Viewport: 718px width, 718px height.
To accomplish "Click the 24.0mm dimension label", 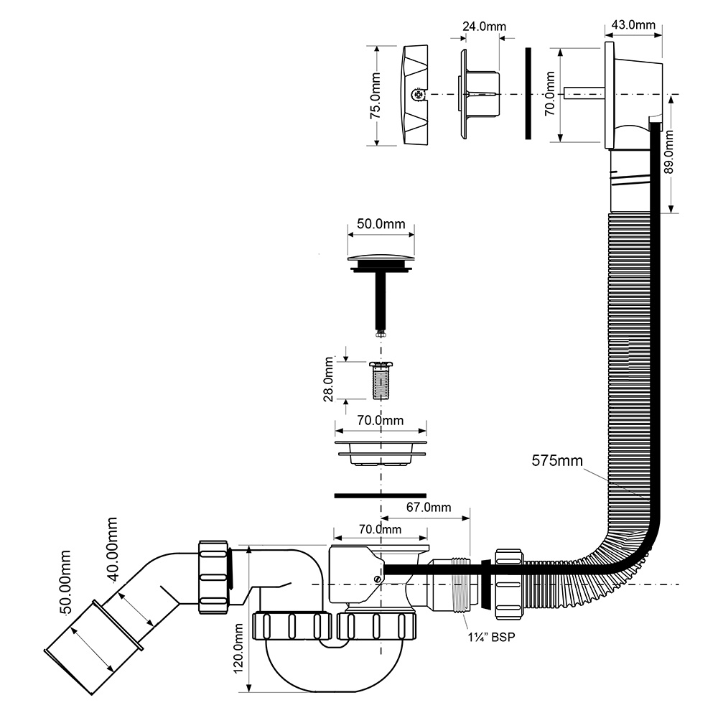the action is click(x=484, y=26).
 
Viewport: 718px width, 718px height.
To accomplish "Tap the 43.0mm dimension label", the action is click(x=633, y=24).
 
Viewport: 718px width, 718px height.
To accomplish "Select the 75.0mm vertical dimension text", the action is click(x=376, y=95).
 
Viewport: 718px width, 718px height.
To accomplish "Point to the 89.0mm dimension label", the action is click(x=669, y=152).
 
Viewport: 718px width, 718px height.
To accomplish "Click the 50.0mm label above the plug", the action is click(x=381, y=223).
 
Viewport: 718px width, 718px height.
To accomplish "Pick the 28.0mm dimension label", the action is click(x=329, y=380).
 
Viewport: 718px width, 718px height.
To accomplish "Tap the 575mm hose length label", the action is click(x=557, y=460).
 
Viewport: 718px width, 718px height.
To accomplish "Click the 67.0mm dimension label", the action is click(x=429, y=507).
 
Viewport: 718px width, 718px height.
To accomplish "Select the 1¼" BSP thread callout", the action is click(x=491, y=636).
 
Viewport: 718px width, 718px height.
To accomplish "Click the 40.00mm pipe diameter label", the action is click(x=111, y=549).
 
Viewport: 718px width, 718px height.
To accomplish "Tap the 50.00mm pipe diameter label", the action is click(x=65, y=582).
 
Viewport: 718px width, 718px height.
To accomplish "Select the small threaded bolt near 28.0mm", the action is click(x=381, y=380).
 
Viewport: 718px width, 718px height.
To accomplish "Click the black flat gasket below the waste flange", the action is click(x=381, y=495).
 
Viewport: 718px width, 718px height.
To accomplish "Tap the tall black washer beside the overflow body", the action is click(x=528, y=93).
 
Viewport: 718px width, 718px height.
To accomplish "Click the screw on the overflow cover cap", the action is click(x=417, y=95).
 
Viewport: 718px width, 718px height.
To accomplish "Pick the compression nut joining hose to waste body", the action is click(x=508, y=584).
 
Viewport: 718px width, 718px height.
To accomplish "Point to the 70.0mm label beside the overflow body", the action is click(x=550, y=93).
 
